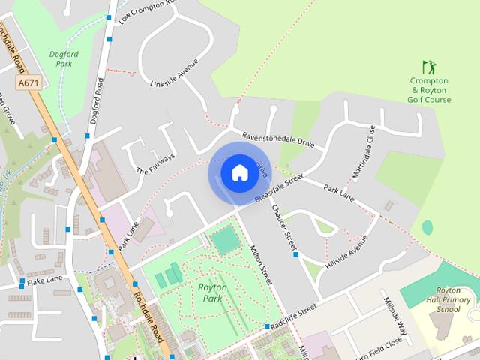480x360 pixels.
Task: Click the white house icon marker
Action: [238, 173]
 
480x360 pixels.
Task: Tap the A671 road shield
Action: [28, 82]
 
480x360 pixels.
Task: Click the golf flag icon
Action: [428, 67]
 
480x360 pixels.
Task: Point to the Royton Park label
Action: [213, 292]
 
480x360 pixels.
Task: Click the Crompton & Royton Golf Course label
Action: [429, 90]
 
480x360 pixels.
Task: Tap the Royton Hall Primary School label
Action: [454, 299]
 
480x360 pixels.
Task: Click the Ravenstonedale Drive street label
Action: [278, 139]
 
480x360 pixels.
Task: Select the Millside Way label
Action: [394, 314]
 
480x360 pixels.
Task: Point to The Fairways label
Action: [155, 164]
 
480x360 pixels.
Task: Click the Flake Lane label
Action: [44, 280]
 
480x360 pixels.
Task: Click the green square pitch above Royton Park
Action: [224, 241]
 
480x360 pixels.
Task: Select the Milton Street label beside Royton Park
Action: [263, 265]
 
